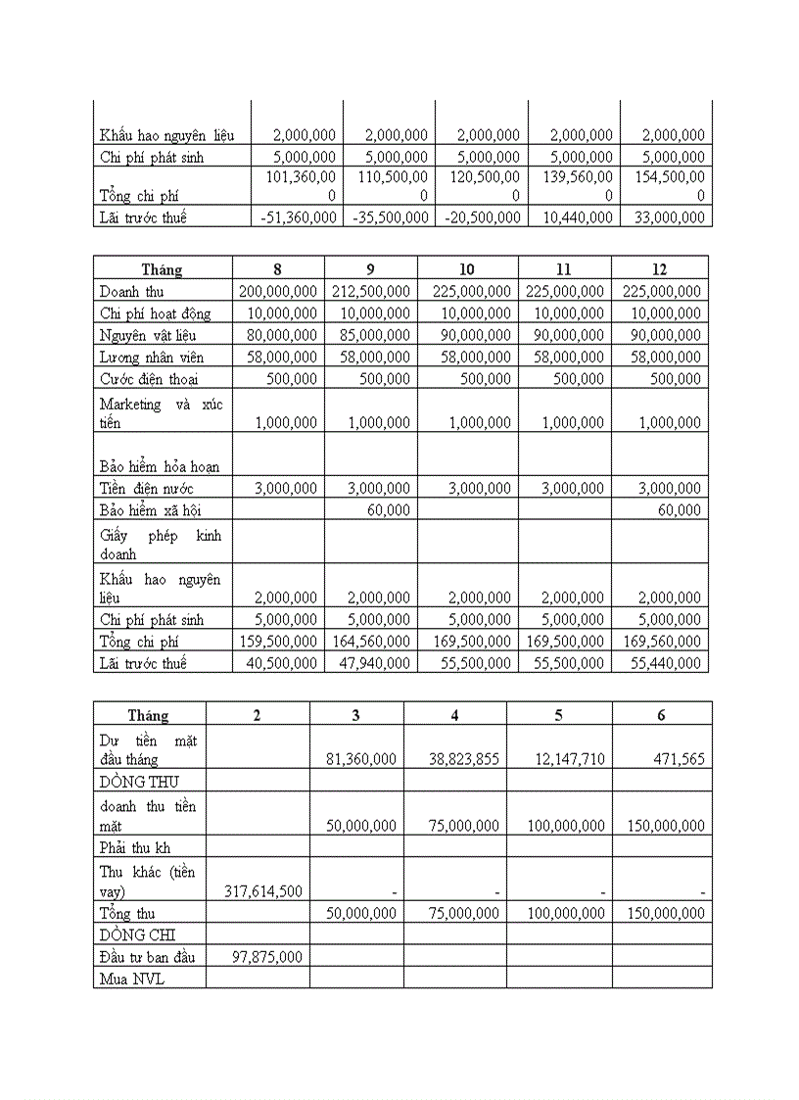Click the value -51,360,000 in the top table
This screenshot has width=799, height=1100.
click(298, 217)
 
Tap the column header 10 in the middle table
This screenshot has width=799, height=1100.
click(465, 269)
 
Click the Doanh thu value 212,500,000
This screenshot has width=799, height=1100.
click(371, 292)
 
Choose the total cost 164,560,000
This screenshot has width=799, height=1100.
click(371, 642)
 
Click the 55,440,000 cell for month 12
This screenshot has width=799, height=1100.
click(663, 663)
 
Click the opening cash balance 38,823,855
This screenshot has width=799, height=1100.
click(464, 759)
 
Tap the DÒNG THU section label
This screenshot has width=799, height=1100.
click(139, 781)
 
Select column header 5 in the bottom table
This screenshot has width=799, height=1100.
click(558, 715)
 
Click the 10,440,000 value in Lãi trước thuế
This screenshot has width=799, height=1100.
click(575, 217)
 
